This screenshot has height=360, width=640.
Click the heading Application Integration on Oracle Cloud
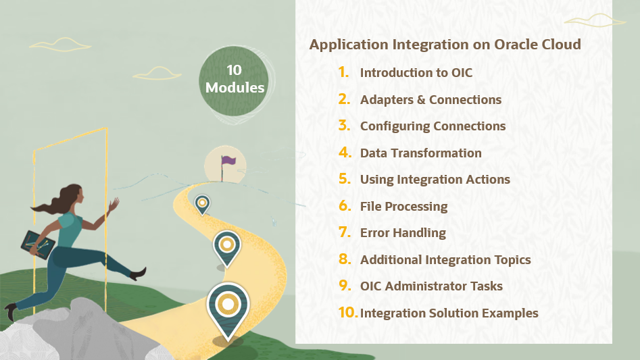tap(445, 45)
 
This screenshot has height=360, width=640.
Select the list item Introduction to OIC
tap(416, 73)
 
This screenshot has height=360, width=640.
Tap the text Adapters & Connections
tap(430, 100)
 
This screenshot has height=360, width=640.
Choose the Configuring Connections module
tap(433, 126)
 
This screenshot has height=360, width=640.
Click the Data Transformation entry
tap(420, 153)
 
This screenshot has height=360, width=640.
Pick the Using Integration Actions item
tap(435, 180)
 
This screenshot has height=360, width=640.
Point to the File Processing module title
tap(403, 207)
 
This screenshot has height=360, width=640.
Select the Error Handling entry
tap(403, 233)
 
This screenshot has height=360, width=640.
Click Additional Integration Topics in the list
tap(445, 260)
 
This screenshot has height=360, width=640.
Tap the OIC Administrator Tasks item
tap(431, 286)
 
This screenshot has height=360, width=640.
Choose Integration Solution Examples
tap(449, 313)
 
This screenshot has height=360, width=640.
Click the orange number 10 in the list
tap(347, 313)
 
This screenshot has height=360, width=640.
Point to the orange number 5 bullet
tap(345, 180)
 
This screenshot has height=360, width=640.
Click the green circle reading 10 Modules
tap(235, 79)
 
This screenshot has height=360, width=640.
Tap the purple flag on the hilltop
tap(227, 161)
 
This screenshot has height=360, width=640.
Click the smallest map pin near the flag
tap(202, 203)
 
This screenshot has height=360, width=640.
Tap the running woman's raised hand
tap(114, 203)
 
